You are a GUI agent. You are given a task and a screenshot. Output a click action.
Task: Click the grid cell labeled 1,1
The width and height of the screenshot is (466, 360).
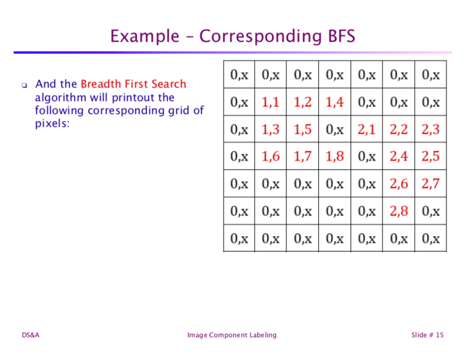click(271, 103)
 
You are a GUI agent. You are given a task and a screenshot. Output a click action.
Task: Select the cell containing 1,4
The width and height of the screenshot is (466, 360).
click(335, 103)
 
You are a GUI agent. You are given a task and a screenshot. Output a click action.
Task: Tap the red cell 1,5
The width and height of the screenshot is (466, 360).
click(302, 130)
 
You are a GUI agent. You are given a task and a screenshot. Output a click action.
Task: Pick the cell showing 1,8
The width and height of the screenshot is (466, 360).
click(335, 157)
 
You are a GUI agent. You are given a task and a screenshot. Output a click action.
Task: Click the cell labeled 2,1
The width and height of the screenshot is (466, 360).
click(366, 130)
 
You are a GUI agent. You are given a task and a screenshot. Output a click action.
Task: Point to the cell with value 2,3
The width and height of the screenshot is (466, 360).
click(430, 130)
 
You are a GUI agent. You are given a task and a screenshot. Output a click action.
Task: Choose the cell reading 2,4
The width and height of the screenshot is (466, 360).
click(399, 157)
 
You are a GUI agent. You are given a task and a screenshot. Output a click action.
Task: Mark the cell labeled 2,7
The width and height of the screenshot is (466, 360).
click(430, 184)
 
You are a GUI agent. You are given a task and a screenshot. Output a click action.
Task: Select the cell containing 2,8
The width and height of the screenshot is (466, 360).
click(399, 211)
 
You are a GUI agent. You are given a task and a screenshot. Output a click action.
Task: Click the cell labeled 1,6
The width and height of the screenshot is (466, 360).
click(271, 157)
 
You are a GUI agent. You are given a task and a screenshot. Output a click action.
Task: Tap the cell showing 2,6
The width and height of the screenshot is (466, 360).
click(399, 184)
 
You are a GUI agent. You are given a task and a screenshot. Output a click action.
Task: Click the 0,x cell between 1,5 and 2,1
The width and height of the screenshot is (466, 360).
click(335, 130)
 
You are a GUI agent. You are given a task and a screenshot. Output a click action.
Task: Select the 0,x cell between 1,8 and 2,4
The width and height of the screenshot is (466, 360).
click(366, 157)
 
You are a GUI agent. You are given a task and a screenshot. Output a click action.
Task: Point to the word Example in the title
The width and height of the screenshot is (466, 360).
click(146, 36)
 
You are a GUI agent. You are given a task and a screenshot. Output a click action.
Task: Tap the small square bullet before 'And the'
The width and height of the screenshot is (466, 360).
click(25, 85)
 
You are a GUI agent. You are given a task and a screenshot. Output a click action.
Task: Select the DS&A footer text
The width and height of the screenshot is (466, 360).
click(31, 335)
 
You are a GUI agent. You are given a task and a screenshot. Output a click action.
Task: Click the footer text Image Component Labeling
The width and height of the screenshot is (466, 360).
click(231, 335)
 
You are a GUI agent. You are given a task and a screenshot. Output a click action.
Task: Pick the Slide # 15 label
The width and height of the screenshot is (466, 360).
click(427, 335)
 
